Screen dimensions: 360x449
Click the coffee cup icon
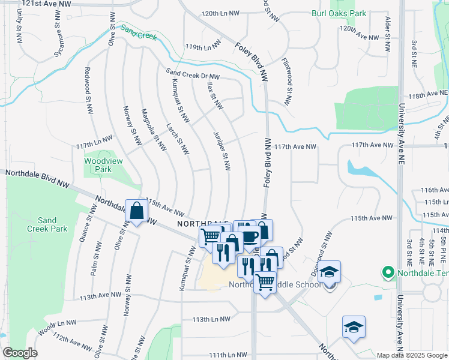[249, 235]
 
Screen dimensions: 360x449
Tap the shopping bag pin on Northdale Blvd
[137, 211]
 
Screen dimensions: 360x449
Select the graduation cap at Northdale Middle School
[329, 272]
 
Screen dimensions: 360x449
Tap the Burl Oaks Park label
[339, 13]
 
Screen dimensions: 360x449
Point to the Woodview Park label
[98, 165]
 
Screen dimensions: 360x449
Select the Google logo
[19, 353]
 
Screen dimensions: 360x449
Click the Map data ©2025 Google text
[411, 355]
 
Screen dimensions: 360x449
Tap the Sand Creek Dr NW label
[193, 75]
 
